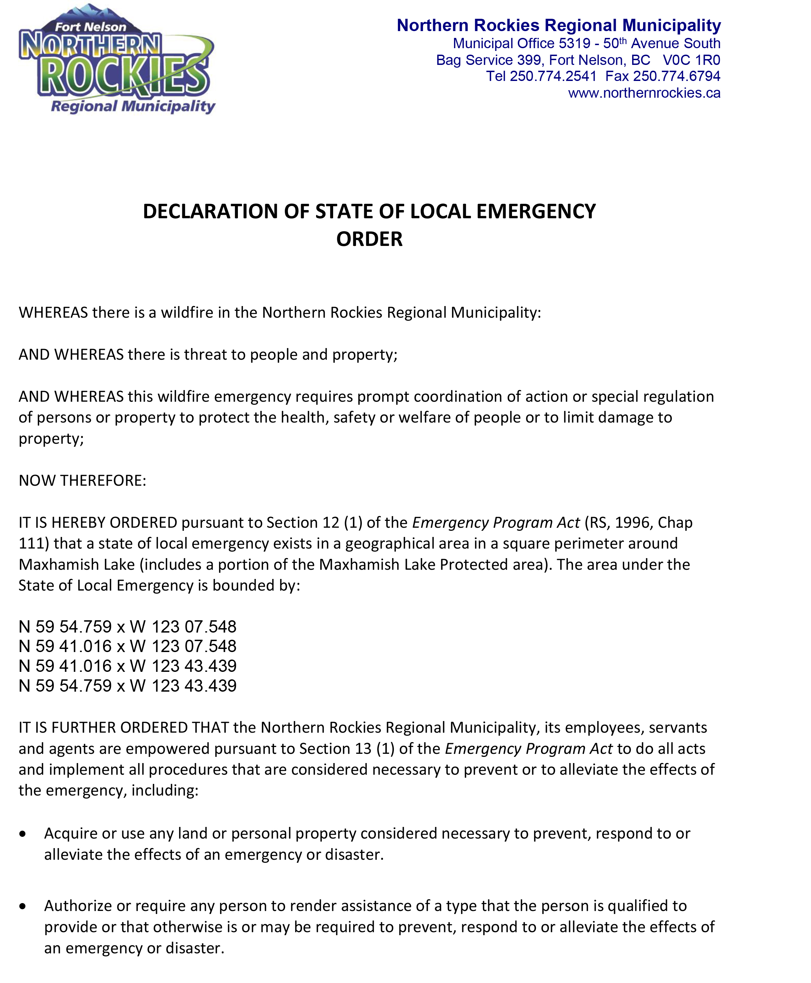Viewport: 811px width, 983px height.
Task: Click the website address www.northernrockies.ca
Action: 644,93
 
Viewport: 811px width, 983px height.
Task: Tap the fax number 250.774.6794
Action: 677,76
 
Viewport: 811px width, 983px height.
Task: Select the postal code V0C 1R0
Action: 692,60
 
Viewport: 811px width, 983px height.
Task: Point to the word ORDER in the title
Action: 369,239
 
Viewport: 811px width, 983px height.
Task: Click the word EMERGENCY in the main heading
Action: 536,211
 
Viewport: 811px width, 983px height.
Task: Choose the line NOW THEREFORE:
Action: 82,481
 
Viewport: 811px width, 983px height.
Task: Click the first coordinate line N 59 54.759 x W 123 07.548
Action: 128,626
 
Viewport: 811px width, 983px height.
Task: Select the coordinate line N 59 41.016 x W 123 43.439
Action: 128,666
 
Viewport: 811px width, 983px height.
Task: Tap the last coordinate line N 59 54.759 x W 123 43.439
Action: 128,686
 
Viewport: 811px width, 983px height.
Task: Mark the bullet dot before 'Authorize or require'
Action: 23,906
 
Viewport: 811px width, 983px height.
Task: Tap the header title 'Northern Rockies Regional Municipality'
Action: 558,25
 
